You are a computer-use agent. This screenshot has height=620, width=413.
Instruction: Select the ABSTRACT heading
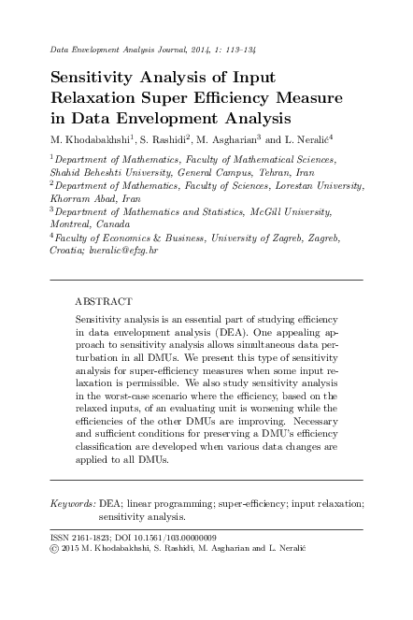pos(104,302)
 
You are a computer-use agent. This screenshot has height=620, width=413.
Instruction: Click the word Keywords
pos(72,503)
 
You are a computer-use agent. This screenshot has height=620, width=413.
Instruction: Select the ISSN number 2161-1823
pos(96,538)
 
